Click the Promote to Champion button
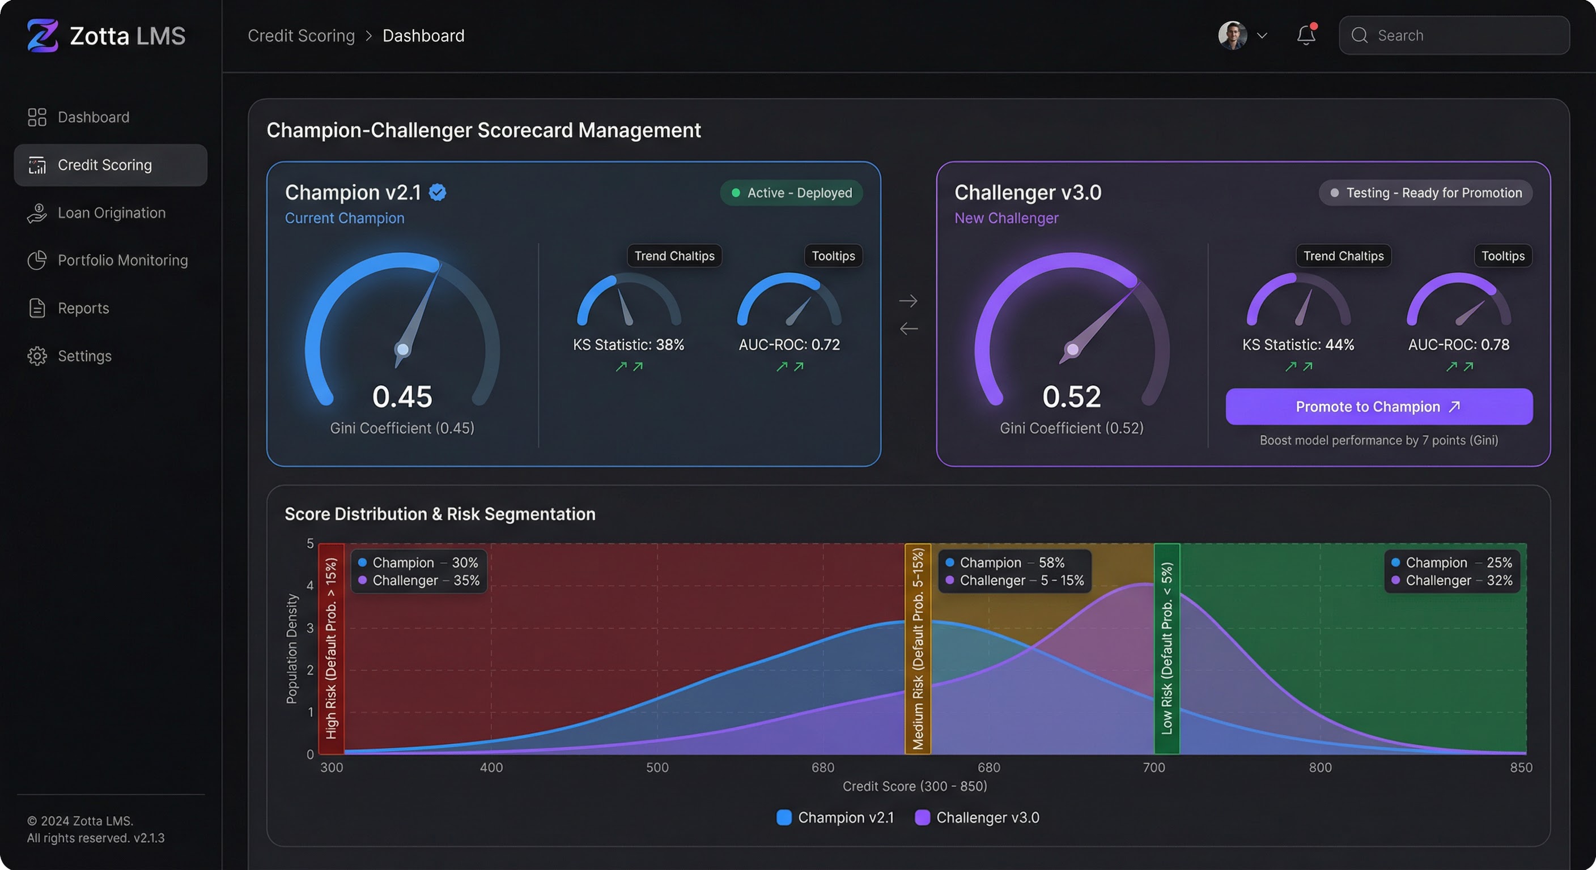tap(1378, 407)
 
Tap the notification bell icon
tap(1306, 35)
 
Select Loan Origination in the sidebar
tap(111, 213)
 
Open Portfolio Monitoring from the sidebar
tap(122, 261)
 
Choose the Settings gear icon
tap(37, 356)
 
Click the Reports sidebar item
tap(83, 308)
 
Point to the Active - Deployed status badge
tap(791, 193)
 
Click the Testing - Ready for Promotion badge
tap(1425, 193)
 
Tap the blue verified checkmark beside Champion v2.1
tap(438, 193)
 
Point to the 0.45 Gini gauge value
tap(402, 397)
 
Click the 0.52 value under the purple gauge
tap(1071, 397)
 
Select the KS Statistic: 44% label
tap(1298, 345)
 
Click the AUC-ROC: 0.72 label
tap(789, 345)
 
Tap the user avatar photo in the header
tap(1232, 35)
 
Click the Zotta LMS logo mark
tap(42, 35)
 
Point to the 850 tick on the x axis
tap(1521, 768)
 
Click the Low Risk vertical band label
tap(1166, 649)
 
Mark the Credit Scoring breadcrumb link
tap(301, 36)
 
